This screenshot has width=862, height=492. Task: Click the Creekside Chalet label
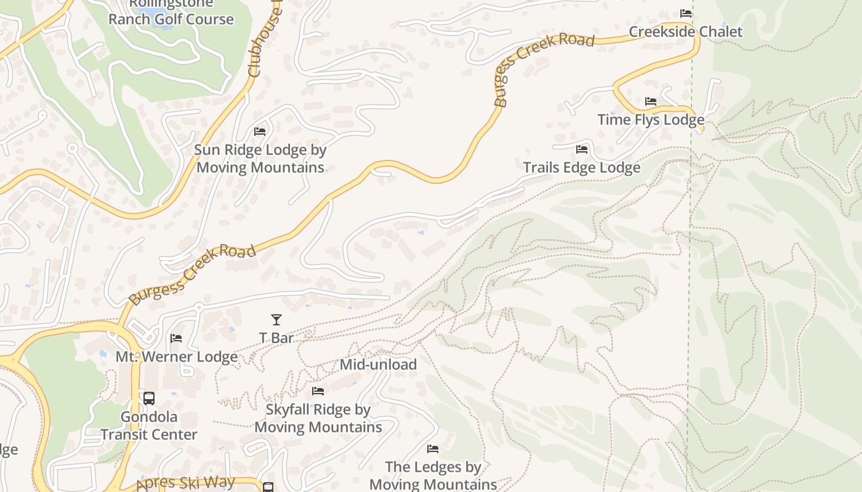(685, 31)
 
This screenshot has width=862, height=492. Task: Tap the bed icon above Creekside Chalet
(686, 14)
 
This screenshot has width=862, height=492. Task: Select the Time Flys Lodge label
(651, 119)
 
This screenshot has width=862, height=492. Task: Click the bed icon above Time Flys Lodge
(651, 101)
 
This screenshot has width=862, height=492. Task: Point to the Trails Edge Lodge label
(582, 167)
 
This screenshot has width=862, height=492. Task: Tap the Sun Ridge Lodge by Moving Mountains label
(260, 159)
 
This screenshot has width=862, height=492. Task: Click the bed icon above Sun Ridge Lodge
(260, 132)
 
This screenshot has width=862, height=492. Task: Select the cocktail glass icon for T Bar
(276, 320)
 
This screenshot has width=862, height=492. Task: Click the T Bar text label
(276, 338)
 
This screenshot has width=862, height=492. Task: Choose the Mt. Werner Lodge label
(177, 357)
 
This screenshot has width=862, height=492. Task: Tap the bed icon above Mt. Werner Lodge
(176, 338)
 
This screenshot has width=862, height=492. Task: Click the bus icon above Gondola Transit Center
(149, 398)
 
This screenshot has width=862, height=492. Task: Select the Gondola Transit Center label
(149, 426)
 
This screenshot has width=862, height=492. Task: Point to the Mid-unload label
(378, 364)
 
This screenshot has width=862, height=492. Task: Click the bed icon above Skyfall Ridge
(318, 391)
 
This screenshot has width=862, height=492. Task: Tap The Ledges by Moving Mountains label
(433, 475)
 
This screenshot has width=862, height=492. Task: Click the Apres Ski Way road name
(185, 483)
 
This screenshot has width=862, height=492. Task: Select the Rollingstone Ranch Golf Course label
(171, 12)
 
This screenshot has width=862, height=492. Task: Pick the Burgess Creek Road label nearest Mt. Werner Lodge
(192, 275)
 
